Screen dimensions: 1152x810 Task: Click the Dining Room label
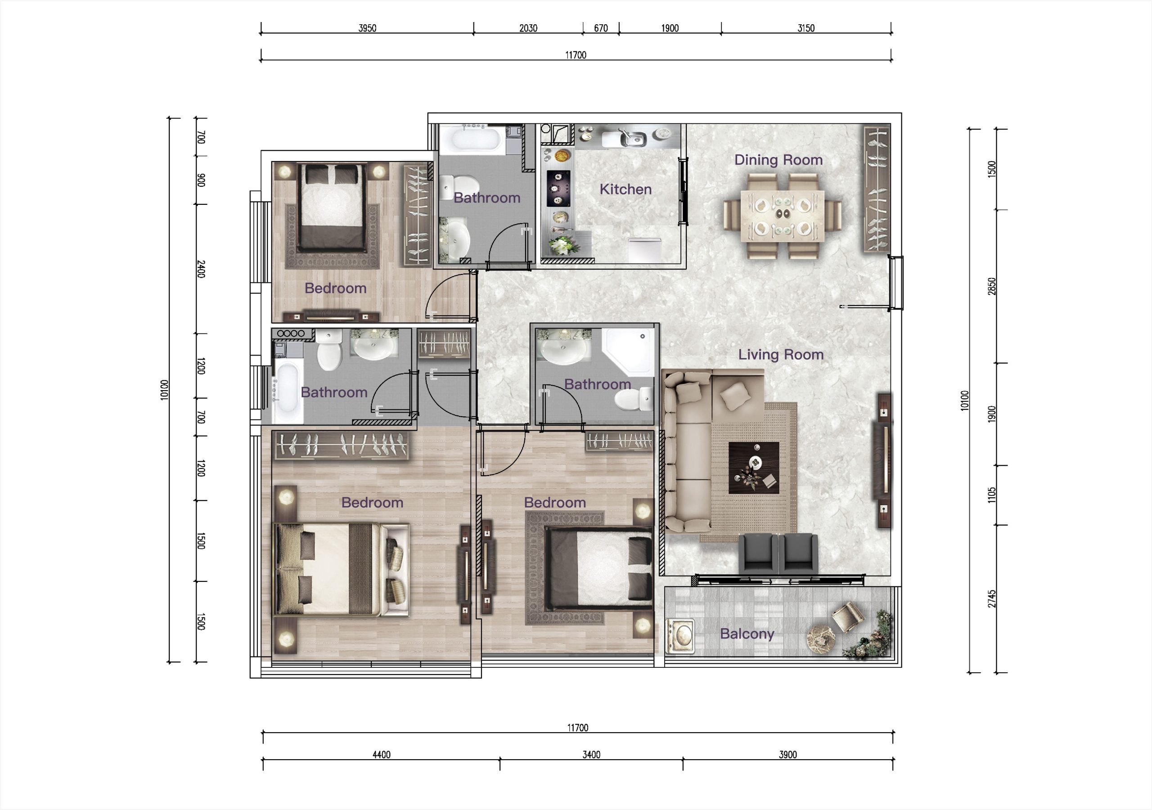778,160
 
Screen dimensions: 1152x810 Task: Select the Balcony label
747,634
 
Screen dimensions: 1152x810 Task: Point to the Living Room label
781,354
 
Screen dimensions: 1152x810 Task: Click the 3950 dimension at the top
367,28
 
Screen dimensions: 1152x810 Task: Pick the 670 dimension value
601,28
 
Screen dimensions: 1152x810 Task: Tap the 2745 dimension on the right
992,598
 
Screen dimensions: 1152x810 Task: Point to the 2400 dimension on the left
201,269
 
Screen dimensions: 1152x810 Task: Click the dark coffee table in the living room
754,468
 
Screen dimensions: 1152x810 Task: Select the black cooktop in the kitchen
558,188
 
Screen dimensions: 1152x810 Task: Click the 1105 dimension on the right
992,495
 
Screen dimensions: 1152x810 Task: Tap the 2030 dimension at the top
528,28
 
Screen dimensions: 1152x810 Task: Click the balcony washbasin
680,636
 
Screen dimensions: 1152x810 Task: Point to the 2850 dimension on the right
992,286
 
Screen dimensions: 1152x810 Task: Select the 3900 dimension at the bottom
788,754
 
